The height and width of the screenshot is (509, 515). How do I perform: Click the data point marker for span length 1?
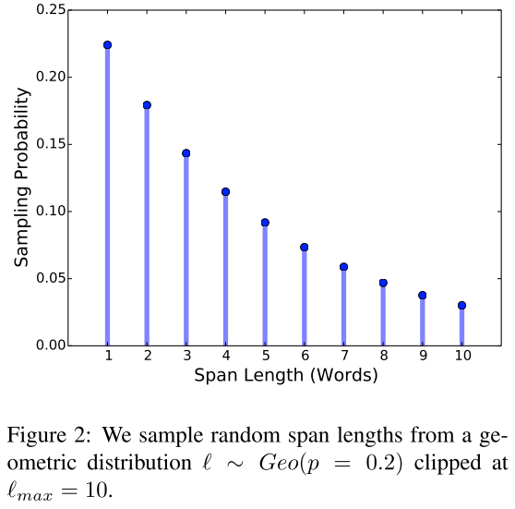pos(107,44)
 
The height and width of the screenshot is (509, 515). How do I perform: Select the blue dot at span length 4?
pos(225,192)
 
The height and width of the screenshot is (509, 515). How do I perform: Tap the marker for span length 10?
pos(461,305)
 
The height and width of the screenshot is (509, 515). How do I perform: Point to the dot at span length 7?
pos(343,267)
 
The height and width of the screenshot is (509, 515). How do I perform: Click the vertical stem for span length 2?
pos(147,231)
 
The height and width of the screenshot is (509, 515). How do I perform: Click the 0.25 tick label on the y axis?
pos(51,10)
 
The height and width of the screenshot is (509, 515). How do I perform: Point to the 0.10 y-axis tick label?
pos(51,212)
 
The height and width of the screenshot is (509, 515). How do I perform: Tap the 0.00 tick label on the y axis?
pos(51,345)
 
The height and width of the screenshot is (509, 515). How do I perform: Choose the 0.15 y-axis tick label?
pos(51,144)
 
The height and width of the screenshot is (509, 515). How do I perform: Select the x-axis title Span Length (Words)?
pos(285,376)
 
